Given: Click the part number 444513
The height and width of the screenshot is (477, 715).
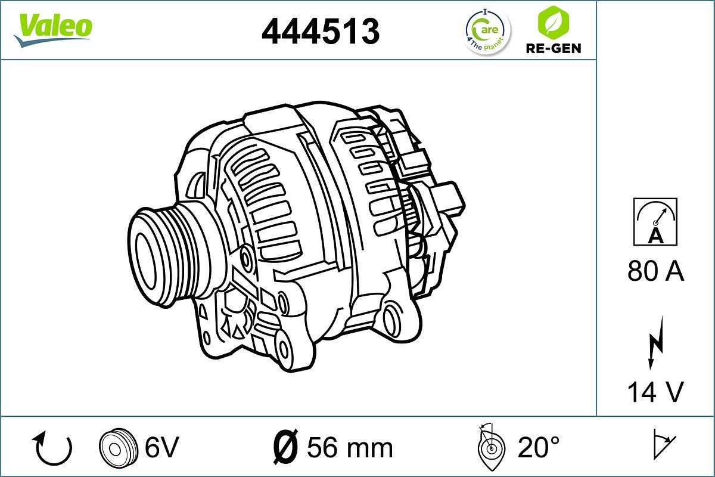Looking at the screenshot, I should [x=321, y=30].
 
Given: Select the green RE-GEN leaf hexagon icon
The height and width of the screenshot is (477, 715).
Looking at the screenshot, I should [x=552, y=23].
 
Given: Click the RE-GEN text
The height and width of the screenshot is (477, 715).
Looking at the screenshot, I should [x=553, y=48].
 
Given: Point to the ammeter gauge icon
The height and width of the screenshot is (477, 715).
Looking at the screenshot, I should [x=655, y=222].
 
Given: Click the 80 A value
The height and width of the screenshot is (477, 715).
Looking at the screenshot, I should [x=655, y=272].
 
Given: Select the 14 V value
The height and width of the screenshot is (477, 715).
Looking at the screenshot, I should [x=655, y=392].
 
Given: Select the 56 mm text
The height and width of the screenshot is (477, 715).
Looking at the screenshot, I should [x=350, y=447].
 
